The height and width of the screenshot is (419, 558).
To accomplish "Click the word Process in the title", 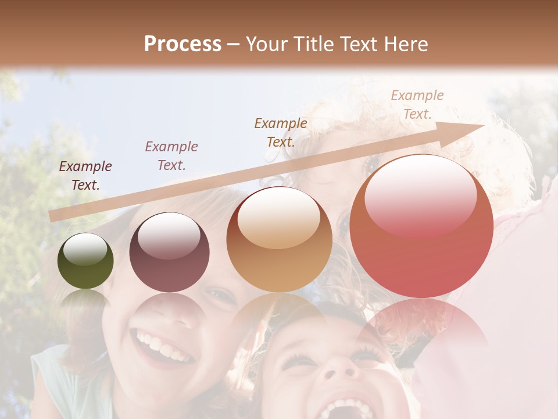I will pyautogui.click(x=183, y=44).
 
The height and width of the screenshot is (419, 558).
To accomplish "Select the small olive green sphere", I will pyautogui.click(x=85, y=261).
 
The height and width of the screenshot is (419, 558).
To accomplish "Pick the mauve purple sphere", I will pyautogui.click(x=169, y=253).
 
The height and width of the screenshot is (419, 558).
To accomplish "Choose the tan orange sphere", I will pyautogui.click(x=279, y=240).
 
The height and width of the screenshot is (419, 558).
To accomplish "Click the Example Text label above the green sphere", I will pyautogui.click(x=85, y=176).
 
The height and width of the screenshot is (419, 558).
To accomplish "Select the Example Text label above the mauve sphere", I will pyautogui.click(x=171, y=156).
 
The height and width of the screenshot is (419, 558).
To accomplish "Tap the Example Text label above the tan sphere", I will pyautogui.click(x=281, y=132).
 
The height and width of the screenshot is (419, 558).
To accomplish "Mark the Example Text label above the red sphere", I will pyautogui.click(x=417, y=105).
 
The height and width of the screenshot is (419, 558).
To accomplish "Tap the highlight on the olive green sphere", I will pyautogui.click(x=85, y=249).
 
